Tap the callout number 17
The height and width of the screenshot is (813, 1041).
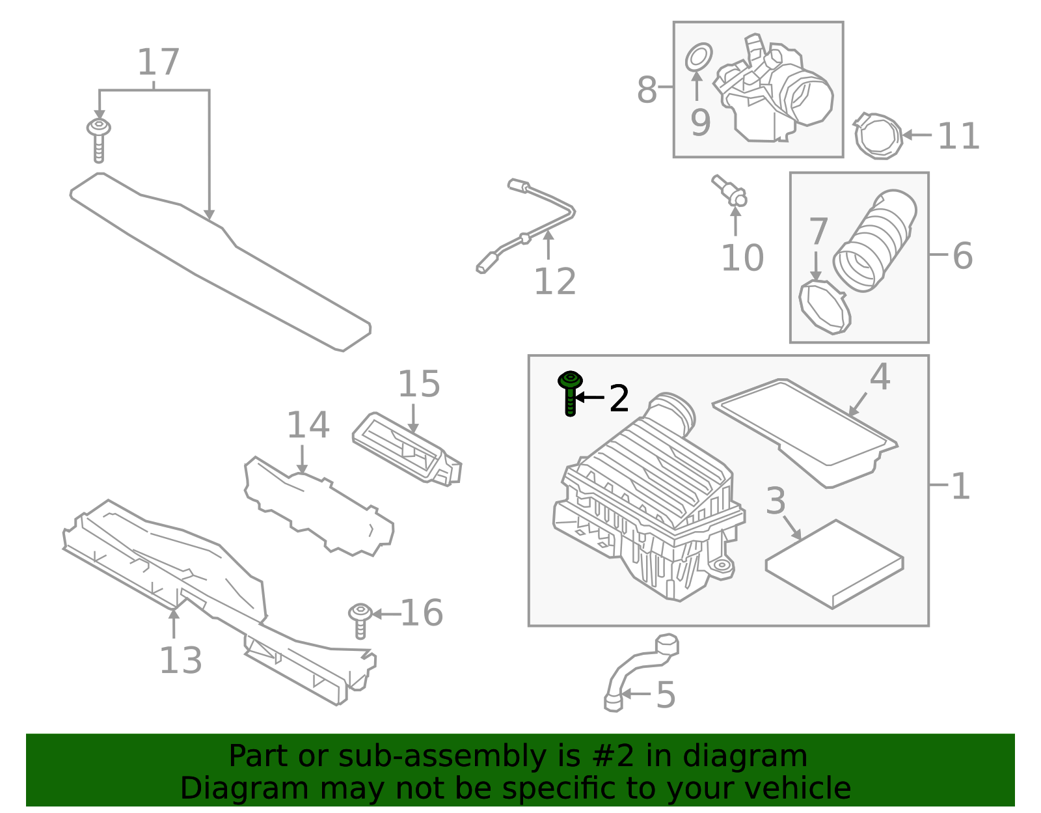[158, 62]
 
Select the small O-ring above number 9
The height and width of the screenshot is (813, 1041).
[699, 57]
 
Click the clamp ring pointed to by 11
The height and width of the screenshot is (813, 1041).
[878, 135]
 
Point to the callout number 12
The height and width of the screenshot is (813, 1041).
[554, 282]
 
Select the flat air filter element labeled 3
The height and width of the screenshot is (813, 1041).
[834, 563]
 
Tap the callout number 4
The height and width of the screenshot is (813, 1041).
[880, 378]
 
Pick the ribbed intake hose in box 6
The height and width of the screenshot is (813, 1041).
[875, 241]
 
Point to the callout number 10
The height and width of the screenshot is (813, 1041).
[742, 258]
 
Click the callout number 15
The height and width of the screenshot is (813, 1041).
[418, 384]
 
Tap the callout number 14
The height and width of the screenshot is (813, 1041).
[308, 426]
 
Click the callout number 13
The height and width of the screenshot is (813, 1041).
[180, 661]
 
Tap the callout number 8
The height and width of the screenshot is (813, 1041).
[647, 90]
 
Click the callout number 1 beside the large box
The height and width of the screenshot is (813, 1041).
[960, 486]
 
